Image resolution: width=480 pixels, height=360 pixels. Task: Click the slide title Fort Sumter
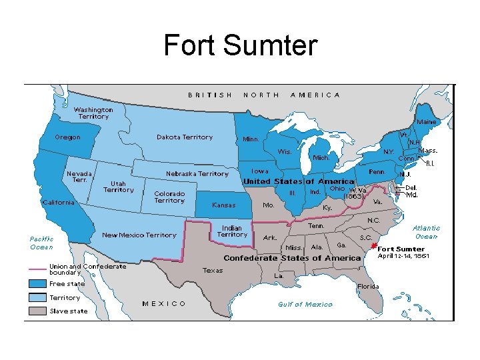(x=240, y=46)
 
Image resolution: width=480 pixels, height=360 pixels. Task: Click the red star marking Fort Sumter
(x=373, y=245)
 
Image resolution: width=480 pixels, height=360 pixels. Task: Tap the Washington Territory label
(x=93, y=113)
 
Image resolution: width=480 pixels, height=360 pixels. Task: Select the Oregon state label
(x=67, y=137)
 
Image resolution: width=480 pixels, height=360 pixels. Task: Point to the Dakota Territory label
(x=185, y=137)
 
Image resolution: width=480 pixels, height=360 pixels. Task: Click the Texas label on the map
(x=213, y=271)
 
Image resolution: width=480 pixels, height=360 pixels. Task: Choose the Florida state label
(x=367, y=287)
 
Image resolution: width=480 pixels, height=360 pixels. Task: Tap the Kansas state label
(x=223, y=205)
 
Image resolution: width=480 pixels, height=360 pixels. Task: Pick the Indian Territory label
(x=232, y=231)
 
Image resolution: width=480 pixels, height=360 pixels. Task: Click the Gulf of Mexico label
(x=305, y=305)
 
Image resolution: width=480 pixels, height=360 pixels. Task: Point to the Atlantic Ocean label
(x=426, y=232)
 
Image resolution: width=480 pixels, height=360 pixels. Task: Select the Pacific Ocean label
(x=41, y=243)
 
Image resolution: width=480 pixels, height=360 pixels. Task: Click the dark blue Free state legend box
(x=37, y=283)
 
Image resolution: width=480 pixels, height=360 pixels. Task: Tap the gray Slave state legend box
(x=37, y=311)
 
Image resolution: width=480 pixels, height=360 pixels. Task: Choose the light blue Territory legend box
(x=37, y=297)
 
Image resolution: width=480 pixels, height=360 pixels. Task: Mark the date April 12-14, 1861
(x=403, y=256)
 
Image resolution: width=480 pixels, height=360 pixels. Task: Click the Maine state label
(x=427, y=122)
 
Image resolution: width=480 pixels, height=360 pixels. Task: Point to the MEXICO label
(x=165, y=304)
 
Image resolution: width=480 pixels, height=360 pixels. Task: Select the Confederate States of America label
(x=292, y=258)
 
